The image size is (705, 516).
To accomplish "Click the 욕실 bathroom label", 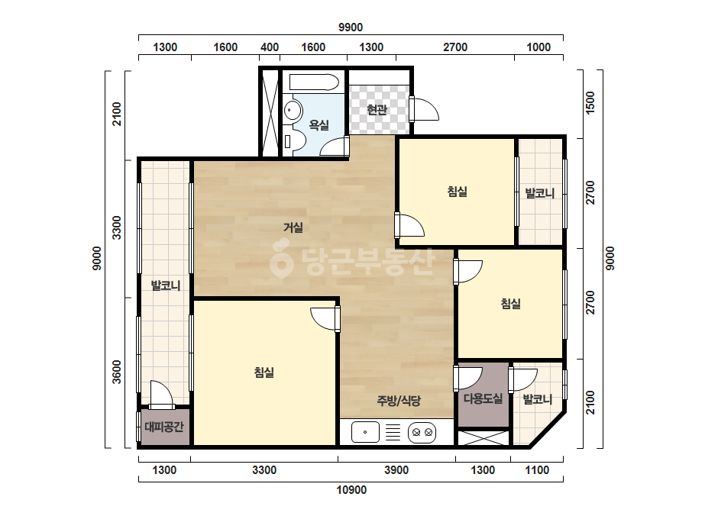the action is [319, 125].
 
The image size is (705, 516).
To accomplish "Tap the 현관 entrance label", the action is [377, 109].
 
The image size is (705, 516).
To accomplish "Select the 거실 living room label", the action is [293, 227].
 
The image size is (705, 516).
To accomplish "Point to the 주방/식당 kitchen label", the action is [399, 400].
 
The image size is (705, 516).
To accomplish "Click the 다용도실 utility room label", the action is [483, 398].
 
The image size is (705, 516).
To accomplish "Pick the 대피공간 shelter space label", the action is [164, 426].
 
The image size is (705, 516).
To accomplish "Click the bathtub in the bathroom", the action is [314, 82].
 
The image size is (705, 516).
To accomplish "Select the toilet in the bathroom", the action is [295, 140].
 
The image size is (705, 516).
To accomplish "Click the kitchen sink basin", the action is [365, 432].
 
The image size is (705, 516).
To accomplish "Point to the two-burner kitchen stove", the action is [422, 433].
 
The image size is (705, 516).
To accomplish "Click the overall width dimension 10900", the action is [351, 490].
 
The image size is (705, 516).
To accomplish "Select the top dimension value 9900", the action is [351, 27].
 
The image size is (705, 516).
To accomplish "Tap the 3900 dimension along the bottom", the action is [396, 470].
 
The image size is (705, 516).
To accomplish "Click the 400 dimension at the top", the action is [270, 47].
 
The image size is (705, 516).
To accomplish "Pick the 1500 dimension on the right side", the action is [590, 102].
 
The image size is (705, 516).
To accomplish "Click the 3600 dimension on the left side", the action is [116, 372].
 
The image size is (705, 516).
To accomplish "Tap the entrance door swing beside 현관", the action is [424, 109].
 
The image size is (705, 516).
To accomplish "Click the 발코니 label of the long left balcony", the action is [166, 285].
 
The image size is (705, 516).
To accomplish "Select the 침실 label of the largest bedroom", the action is [264, 372].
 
